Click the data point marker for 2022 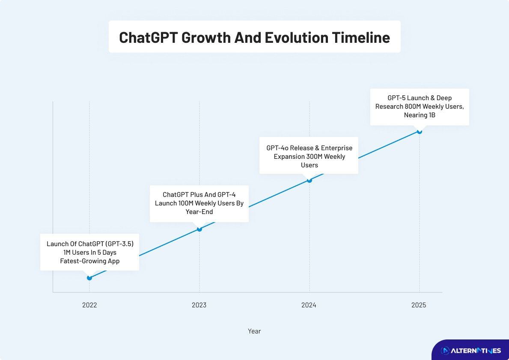(89, 278)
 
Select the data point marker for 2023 (199, 229)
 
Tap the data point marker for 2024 (310, 180)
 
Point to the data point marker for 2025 (419, 131)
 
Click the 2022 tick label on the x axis (89, 305)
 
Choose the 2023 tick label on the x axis (199, 305)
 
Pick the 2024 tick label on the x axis (309, 305)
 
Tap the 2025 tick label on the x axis (419, 305)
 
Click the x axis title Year (254, 331)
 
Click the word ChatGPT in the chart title (148, 37)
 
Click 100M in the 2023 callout (186, 203)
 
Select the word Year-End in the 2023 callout (199, 212)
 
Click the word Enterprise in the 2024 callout (336, 148)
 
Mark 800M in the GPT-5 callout (413, 107)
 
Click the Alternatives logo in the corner (470, 351)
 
